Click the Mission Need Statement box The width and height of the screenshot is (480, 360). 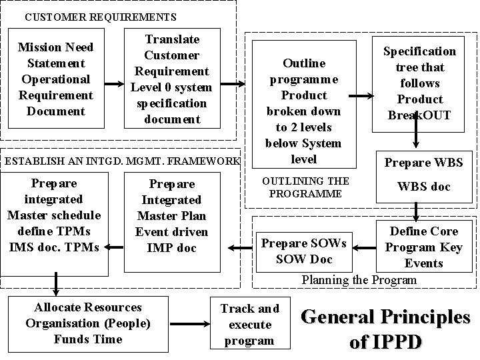coord(55,79)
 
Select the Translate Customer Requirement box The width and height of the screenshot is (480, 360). coord(171,79)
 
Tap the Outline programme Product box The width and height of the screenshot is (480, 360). coord(303,111)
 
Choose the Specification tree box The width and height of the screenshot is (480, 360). coord(419,83)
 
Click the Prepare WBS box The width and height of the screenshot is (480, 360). coord(424,163)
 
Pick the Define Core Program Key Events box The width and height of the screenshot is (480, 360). coord(423,247)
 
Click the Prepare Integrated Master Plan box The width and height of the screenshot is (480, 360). coord(172,215)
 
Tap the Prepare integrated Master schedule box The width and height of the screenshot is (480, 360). coord(54,215)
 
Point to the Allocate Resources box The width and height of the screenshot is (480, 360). coord(87,323)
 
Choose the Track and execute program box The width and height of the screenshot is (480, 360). coord(249,325)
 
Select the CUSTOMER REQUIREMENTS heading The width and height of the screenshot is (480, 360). coord(100,17)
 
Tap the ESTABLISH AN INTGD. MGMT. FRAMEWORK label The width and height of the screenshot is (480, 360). coord(121,161)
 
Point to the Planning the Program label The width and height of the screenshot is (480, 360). coord(359,280)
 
